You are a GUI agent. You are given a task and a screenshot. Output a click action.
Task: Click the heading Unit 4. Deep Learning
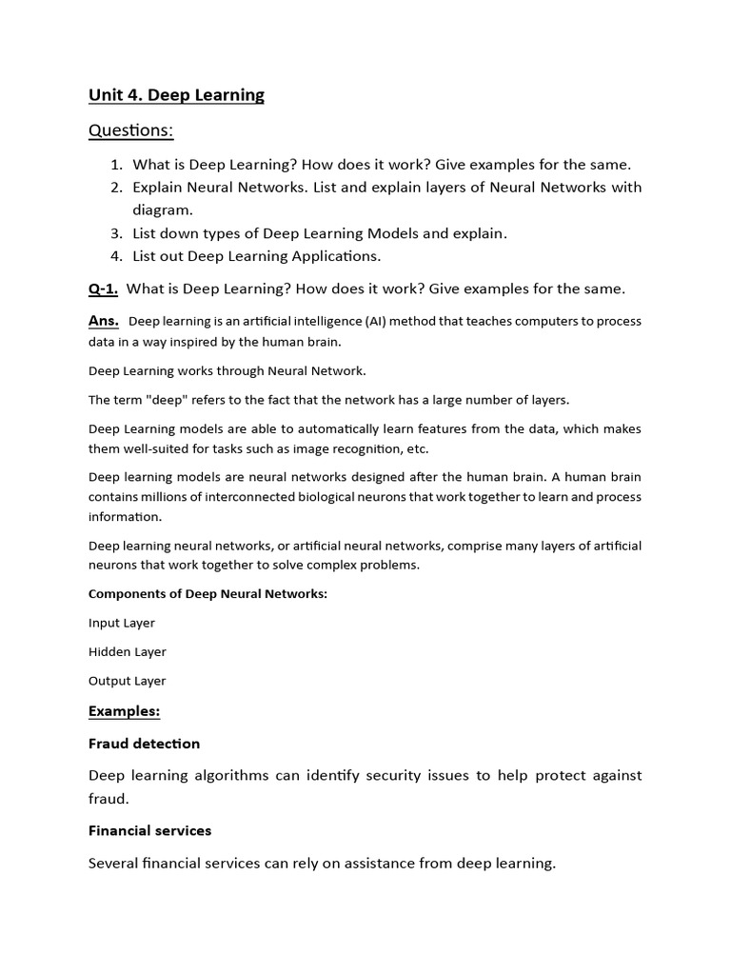point(176,94)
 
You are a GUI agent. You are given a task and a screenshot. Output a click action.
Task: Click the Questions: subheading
point(131,129)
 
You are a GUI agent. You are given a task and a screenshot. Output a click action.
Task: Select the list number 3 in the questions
point(116,233)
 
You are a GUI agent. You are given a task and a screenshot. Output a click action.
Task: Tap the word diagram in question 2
point(163,210)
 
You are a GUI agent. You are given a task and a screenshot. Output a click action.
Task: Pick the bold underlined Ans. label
point(104,321)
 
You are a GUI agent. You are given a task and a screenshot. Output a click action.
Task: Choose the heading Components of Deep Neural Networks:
point(207,594)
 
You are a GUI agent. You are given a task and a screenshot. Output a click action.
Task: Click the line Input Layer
point(122,623)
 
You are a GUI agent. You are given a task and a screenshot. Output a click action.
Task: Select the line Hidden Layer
point(128,652)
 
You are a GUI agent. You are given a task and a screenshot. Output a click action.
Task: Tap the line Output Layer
point(128,681)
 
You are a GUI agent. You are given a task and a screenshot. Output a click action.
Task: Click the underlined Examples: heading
point(125,711)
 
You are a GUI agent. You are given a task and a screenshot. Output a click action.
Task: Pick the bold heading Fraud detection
point(145,744)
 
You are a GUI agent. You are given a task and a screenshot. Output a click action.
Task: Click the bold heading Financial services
point(150,831)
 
